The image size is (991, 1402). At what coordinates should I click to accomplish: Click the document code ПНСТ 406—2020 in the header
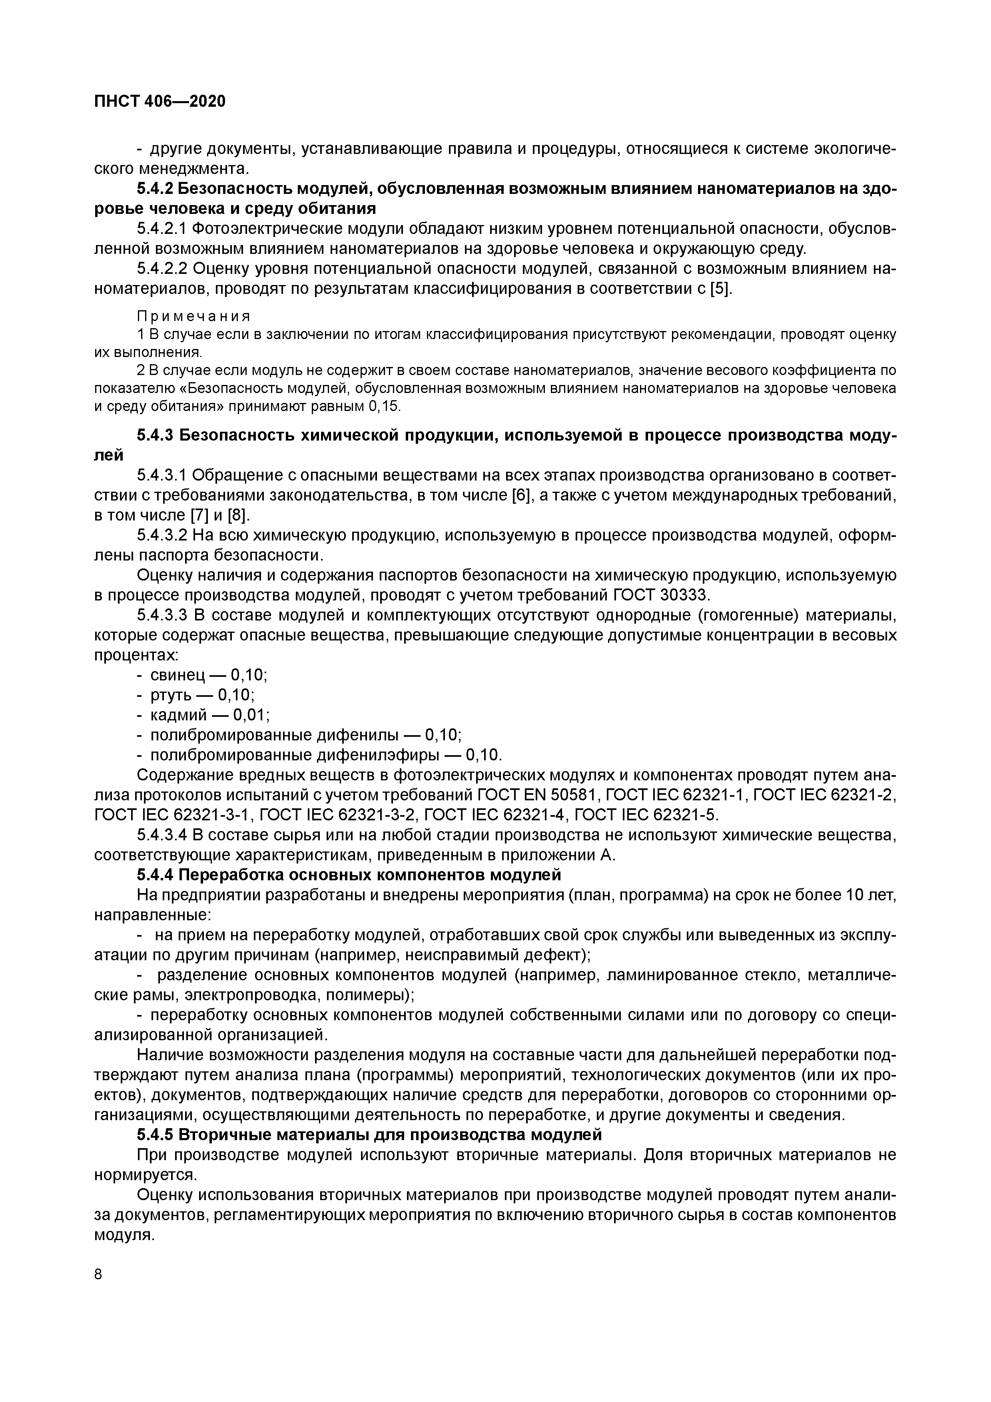point(160,102)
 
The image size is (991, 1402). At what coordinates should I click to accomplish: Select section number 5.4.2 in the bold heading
point(154,189)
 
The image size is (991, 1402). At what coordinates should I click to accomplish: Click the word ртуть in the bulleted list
point(171,695)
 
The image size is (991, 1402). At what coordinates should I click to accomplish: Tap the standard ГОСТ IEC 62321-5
point(647,815)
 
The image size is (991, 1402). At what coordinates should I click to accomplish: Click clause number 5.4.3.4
point(163,836)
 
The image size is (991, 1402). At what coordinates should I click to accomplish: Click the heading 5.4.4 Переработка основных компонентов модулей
point(349,875)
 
